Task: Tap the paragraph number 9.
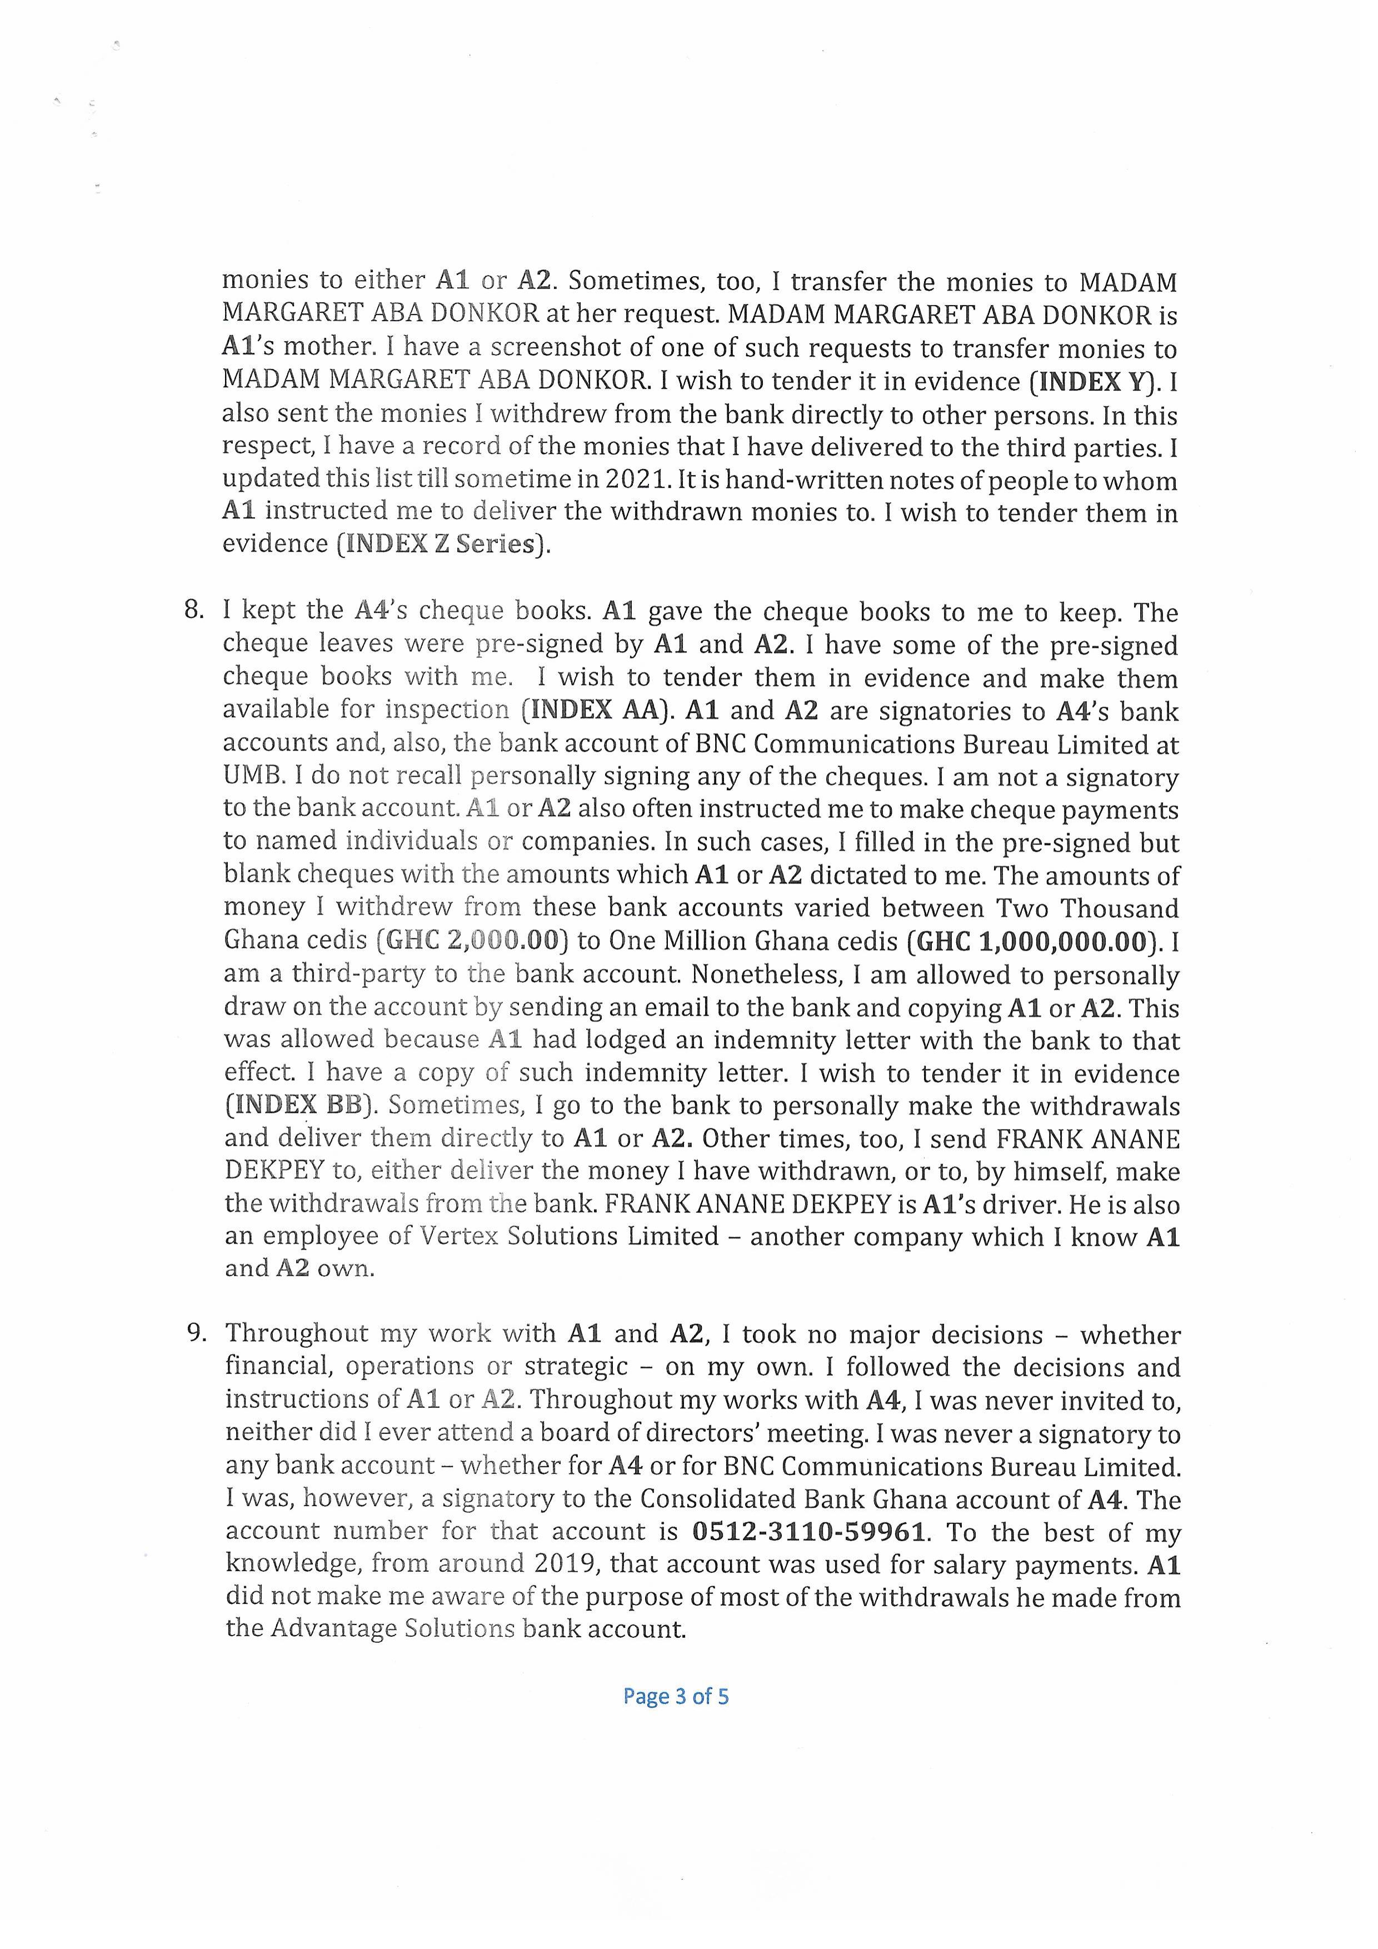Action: click(x=196, y=1333)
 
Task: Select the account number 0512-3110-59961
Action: click(x=808, y=1531)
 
